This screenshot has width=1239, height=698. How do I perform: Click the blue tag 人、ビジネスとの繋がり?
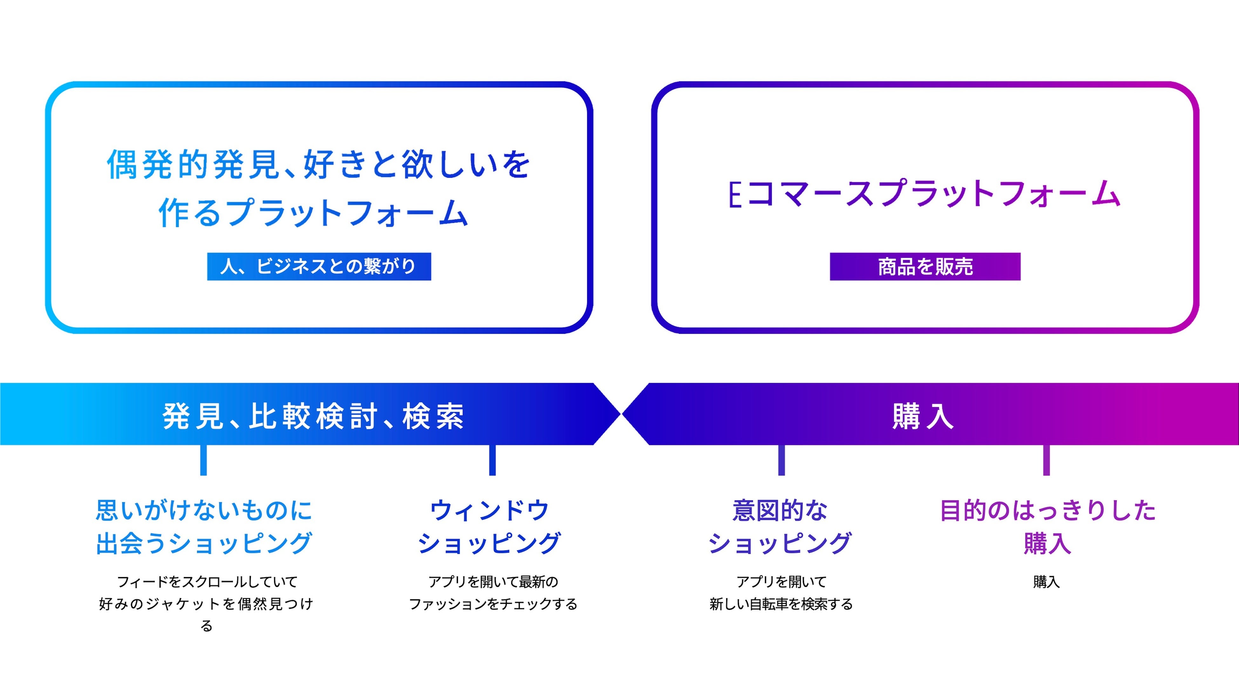[x=319, y=266]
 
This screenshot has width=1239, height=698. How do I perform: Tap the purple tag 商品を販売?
[x=924, y=266]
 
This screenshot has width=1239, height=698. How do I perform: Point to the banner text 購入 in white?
[x=923, y=416]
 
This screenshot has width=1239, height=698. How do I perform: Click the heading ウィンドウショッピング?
[x=490, y=527]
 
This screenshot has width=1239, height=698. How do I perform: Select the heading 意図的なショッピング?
[x=780, y=527]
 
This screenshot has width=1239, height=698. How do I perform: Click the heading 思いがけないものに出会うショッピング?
[x=204, y=527]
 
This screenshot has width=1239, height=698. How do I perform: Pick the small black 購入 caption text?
[x=1046, y=582]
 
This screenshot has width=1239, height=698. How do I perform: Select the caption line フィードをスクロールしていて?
[x=207, y=582]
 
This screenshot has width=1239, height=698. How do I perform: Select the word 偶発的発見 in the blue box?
[x=193, y=165]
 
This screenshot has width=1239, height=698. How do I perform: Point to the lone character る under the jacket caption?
[x=206, y=626]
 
